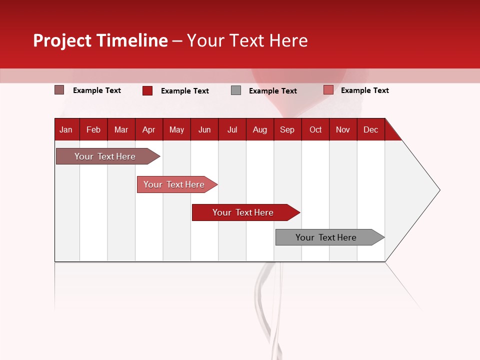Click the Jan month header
coord(66,129)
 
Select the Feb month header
coord(93,129)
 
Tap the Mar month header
coord(121,129)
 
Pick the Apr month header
coord(149,129)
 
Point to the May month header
coord(176,129)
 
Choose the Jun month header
coord(204,129)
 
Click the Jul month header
coord(232,129)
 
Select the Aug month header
coord(260,129)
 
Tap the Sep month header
coord(287,129)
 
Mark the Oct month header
coord(315,129)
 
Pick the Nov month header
coord(343,129)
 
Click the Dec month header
coord(371,129)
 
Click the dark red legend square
coord(147,90)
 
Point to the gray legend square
coord(236,90)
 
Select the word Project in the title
coord(62,40)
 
